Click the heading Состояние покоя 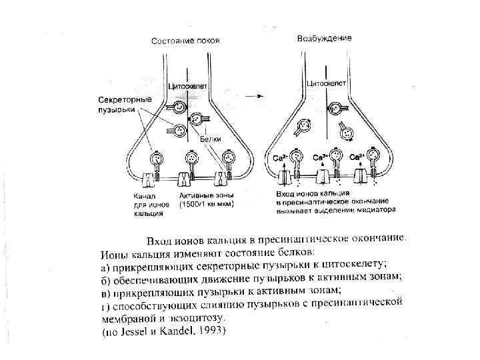pos(185,41)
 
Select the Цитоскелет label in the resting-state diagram pos(190,86)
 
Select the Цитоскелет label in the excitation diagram pos(326,84)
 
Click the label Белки pos(211,139)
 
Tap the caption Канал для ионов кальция pos(145,205)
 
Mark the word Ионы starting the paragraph pos(114,253)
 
